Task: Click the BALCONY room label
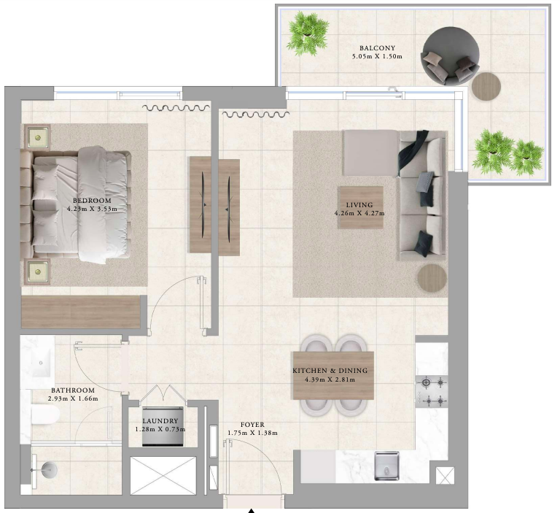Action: (377, 48)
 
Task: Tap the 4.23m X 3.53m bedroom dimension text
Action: (92, 209)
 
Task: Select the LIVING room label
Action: (359, 205)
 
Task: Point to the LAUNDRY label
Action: (160, 421)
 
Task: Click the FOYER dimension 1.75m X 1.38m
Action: (252, 433)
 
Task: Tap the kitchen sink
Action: (386, 466)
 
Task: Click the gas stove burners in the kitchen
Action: (432, 392)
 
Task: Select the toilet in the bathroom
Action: (44, 414)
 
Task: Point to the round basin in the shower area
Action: (49, 470)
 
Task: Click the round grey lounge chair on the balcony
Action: (451, 56)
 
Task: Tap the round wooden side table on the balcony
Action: (486, 87)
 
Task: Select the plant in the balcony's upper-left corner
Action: (308, 34)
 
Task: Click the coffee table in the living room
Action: (361, 207)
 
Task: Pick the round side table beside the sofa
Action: (432, 278)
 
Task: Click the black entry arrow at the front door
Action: (252, 511)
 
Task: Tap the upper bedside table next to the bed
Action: (37, 138)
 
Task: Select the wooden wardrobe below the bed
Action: (81, 312)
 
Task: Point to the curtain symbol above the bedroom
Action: (176, 107)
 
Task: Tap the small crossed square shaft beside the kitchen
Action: (446, 476)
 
